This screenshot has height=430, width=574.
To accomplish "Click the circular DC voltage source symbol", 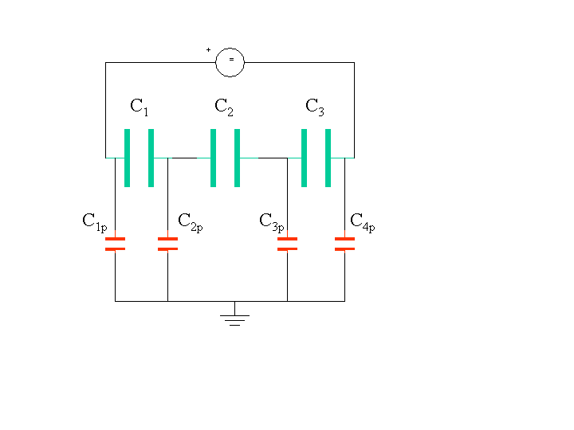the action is click(230, 63).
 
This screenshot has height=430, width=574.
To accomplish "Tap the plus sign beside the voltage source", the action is click(208, 49).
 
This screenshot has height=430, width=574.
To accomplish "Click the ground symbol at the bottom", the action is click(234, 314).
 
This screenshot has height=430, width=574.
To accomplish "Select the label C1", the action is click(140, 107).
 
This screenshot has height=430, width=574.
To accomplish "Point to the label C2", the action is click(224, 107).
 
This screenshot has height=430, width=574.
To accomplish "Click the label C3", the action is click(315, 107).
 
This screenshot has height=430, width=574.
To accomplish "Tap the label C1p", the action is click(95, 222).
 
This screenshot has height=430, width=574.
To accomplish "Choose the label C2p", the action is click(191, 222).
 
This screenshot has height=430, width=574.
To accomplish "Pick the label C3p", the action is click(272, 222).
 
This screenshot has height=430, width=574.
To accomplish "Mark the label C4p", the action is click(363, 222).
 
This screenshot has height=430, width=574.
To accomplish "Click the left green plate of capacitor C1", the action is click(127, 158).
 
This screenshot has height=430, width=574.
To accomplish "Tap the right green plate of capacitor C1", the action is click(151, 158).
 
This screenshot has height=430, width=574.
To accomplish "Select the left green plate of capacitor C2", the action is click(213, 158).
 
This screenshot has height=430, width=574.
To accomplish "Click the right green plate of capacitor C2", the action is click(238, 158).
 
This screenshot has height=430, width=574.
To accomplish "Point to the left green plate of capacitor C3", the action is click(304, 158).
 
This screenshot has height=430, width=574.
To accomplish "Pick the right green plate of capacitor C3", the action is click(328, 158).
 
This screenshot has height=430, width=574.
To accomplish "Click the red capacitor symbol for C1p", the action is click(115, 244).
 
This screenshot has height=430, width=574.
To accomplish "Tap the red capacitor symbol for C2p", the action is click(167, 244).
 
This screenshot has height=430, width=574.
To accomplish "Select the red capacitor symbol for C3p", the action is click(287, 244).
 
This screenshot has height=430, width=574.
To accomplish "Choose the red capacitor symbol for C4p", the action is click(345, 244).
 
